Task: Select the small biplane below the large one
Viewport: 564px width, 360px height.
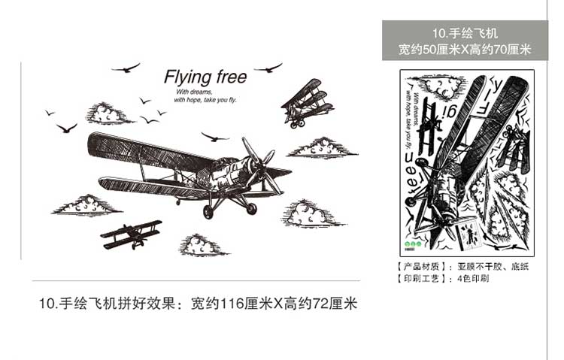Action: point(132,234)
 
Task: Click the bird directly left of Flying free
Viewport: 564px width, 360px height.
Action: point(126,68)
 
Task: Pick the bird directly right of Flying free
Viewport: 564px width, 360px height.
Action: point(268,68)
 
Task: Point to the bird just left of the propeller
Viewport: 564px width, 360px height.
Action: point(215,137)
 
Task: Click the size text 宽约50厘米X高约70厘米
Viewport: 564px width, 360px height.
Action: point(465,50)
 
